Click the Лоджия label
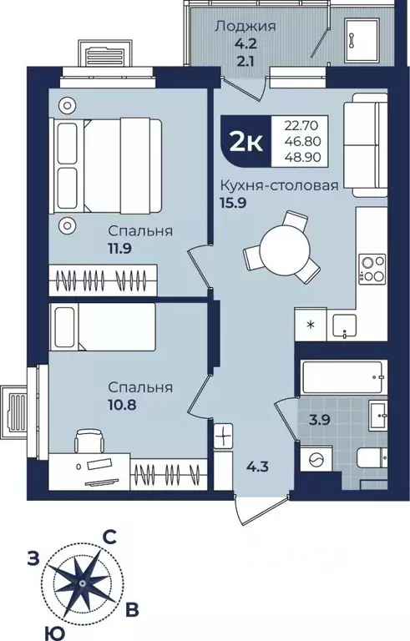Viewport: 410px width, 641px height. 245,27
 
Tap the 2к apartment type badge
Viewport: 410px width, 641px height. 245,141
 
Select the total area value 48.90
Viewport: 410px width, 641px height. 302,157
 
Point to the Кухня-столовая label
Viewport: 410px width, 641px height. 280,186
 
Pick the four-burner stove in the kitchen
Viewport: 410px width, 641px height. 372,269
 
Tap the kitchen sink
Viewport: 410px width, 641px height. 345,326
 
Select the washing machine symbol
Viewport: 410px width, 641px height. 314,461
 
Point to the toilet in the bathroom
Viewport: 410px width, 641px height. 372,458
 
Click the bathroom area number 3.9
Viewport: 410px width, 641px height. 320,421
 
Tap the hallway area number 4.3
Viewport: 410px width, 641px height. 258,466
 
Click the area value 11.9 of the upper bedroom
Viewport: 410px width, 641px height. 120,248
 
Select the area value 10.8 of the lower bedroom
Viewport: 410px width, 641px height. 122,404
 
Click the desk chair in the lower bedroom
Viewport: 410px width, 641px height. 88,441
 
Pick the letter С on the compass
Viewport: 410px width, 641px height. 109,538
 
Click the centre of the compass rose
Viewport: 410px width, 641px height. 83,583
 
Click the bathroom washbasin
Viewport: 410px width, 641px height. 378,415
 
